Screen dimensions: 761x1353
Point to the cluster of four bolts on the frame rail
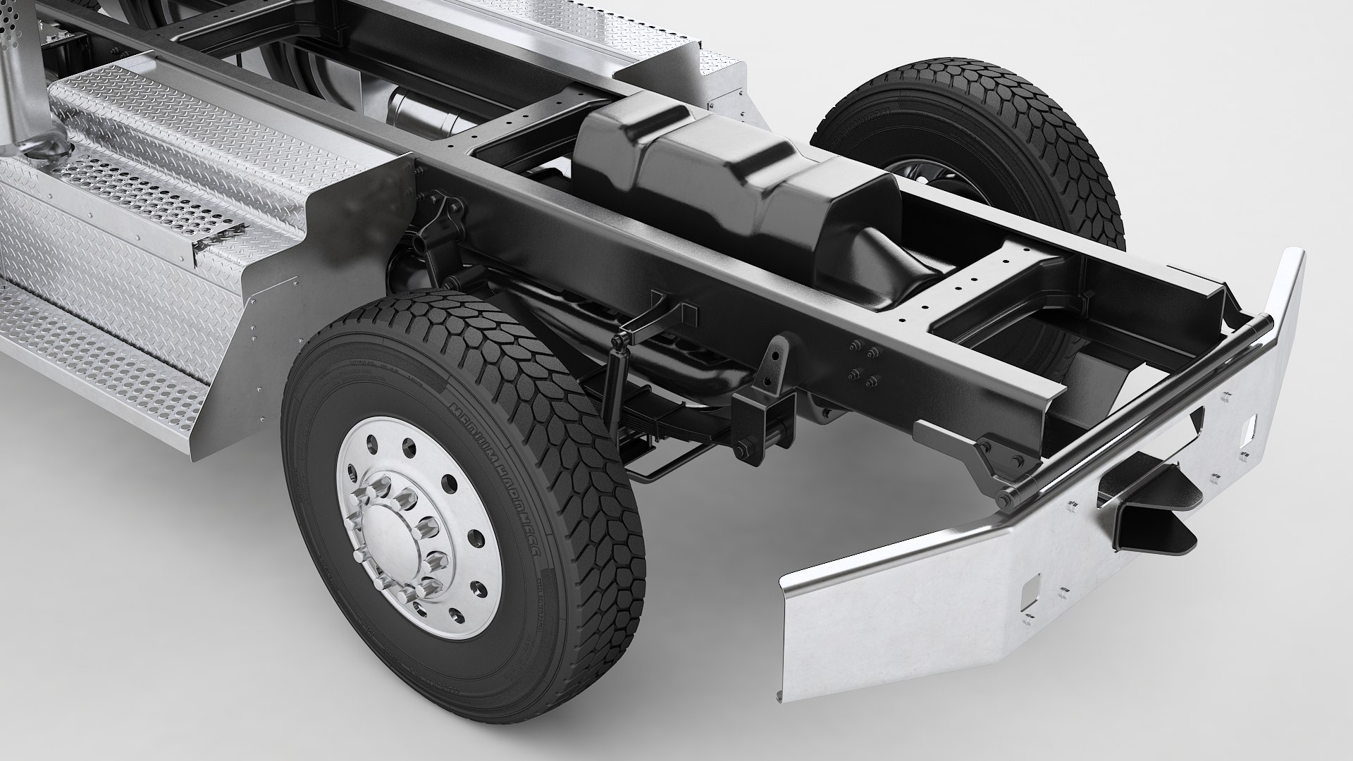[863, 364]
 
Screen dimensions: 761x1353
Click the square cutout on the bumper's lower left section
[1031, 584]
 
